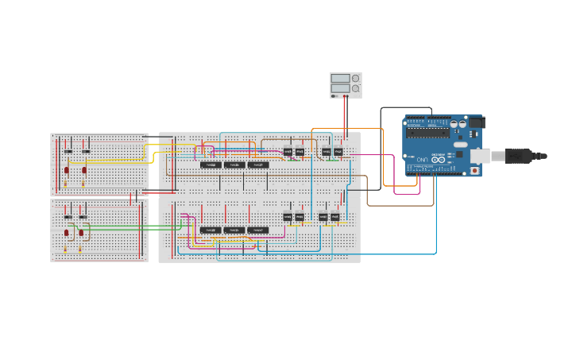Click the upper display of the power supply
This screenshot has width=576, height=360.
pos(340,79)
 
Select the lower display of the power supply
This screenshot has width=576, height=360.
pos(340,89)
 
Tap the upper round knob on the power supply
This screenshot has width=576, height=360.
pos(355,79)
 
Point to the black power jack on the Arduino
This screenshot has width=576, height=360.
pos(476,122)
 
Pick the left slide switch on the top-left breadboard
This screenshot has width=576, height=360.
pos(68,151)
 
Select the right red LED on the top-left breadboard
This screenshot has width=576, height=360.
pos(84,170)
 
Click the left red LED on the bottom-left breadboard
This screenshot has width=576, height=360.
pos(67,233)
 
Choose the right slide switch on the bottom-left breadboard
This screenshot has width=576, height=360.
pos(83,217)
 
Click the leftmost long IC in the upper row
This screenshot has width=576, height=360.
pos(211,165)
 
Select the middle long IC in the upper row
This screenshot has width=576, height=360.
pos(234,165)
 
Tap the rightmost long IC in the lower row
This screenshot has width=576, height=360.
pos(257,230)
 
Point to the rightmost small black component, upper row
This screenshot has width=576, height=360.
pos(338,151)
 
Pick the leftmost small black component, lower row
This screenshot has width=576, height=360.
pos(288,217)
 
